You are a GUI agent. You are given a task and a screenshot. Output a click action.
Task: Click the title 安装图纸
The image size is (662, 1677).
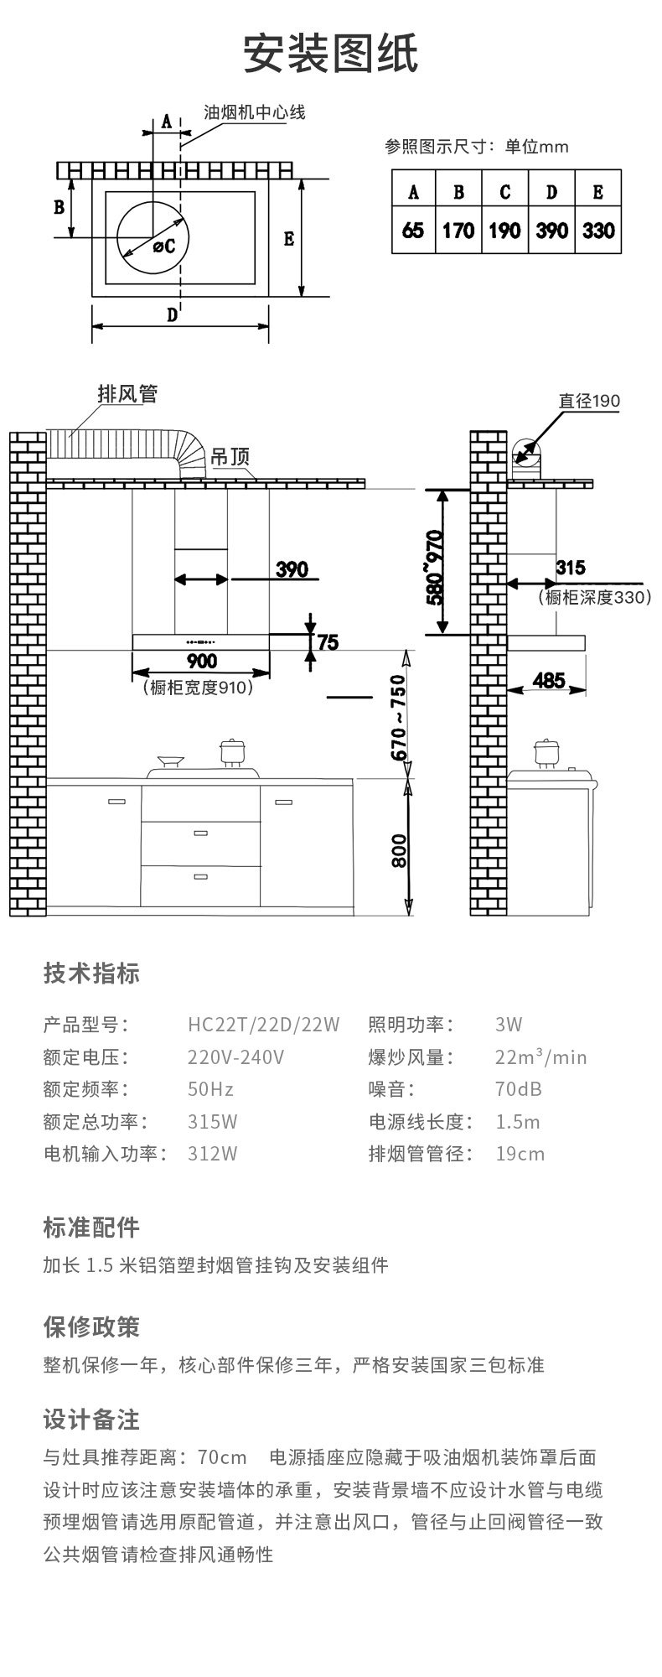pos(330,55)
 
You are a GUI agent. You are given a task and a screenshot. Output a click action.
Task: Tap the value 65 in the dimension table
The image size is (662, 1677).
pos(413,231)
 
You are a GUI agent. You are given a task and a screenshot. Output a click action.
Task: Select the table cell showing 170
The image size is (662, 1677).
pos(458,231)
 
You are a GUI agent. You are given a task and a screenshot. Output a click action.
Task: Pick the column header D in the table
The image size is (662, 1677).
pos(551,192)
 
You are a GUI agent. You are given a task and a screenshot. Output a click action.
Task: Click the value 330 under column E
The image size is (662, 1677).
pos(598,231)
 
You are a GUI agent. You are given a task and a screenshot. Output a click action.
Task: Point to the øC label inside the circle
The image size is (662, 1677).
pos(163,246)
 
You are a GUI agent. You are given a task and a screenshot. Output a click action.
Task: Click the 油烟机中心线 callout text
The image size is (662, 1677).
pos(255,112)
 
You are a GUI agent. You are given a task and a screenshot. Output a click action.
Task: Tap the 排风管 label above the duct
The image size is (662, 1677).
pos(127,393)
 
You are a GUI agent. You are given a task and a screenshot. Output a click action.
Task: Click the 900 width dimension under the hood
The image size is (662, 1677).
pos(201,662)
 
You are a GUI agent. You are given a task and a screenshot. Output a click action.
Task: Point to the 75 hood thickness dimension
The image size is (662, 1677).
pos(328,642)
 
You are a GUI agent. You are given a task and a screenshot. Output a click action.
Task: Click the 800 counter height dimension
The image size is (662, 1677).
pos(399,850)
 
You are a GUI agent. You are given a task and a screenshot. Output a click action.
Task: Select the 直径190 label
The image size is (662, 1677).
pos(589,401)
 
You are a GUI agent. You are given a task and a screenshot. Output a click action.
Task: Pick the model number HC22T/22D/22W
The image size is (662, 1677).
pos(263,1024)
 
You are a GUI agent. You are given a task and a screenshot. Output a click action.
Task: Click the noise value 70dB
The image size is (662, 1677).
pos(519,1089)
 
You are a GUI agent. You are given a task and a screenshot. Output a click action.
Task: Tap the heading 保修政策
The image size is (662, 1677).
pos(91,1327)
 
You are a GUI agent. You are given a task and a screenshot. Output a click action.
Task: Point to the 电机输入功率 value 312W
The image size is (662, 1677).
pos(212,1154)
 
